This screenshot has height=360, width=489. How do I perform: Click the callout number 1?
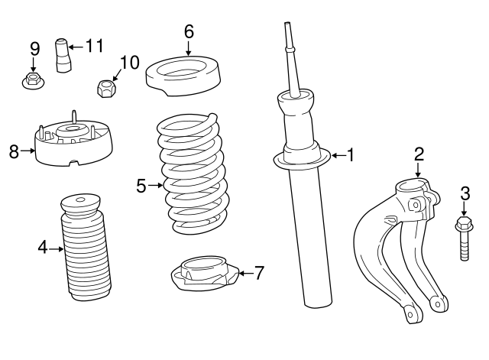click(x=350, y=155)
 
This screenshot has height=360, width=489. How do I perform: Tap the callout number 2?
click(x=419, y=154)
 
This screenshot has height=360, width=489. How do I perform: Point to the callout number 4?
click(x=43, y=247)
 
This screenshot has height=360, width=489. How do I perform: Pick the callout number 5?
click(x=141, y=185)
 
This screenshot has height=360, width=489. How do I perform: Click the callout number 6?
click(x=189, y=32)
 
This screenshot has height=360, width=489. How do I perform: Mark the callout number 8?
click(x=14, y=151)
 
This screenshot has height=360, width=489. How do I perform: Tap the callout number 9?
click(x=34, y=48)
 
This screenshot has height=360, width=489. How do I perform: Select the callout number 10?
click(x=130, y=62)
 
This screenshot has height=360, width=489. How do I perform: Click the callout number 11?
click(x=94, y=46)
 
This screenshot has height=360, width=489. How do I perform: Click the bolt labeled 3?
click(x=463, y=238)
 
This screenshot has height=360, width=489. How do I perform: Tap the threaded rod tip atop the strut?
click(x=290, y=35)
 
